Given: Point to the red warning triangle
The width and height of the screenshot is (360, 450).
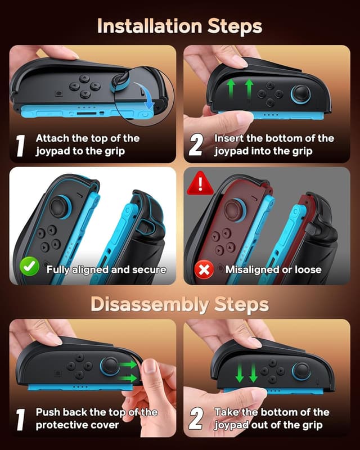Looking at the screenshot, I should point(200,183).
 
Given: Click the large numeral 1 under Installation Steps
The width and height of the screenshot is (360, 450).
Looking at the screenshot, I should point(20,146).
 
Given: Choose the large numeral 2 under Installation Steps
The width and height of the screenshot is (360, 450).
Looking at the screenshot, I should point(195,146).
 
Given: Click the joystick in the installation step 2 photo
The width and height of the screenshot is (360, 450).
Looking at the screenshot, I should point(300,92).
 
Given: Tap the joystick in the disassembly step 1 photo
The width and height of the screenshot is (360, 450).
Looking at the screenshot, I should point(110,366).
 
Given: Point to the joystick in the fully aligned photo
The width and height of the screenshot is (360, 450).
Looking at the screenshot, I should point(58,206).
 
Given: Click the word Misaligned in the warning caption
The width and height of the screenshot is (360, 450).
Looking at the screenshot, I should point(251,269).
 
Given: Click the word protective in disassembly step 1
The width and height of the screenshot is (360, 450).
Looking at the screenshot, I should point(62,425).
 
